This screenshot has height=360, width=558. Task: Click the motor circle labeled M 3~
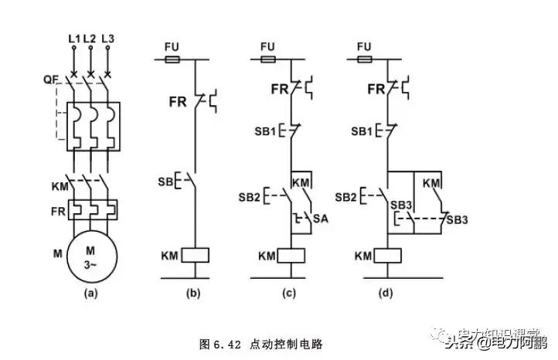(x=90, y=259)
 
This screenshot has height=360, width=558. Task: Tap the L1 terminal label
(x=74, y=38)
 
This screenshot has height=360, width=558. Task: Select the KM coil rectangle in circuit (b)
(x=193, y=255)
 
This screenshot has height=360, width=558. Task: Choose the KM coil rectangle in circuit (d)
(x=386, y=255)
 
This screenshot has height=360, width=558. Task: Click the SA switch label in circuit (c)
(x=322, y=221)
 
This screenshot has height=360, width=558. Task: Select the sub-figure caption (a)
(x=90, y=293)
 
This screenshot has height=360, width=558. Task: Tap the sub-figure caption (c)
(x=290, y=293)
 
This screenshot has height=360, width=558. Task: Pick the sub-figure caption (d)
(x=386, y=293)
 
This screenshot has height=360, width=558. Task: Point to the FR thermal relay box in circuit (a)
(x=90, y=209)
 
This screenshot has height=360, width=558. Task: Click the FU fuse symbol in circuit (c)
(x=267, y=59)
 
